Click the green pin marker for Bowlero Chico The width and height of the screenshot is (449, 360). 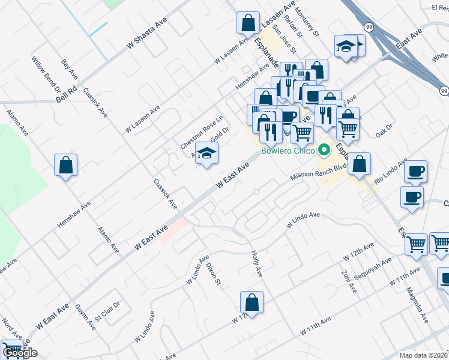pos(325,150)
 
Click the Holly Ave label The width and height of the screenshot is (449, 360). pos(256,263)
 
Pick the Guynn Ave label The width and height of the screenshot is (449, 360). pos(86,317)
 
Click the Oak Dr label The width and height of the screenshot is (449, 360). pos(384,130)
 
